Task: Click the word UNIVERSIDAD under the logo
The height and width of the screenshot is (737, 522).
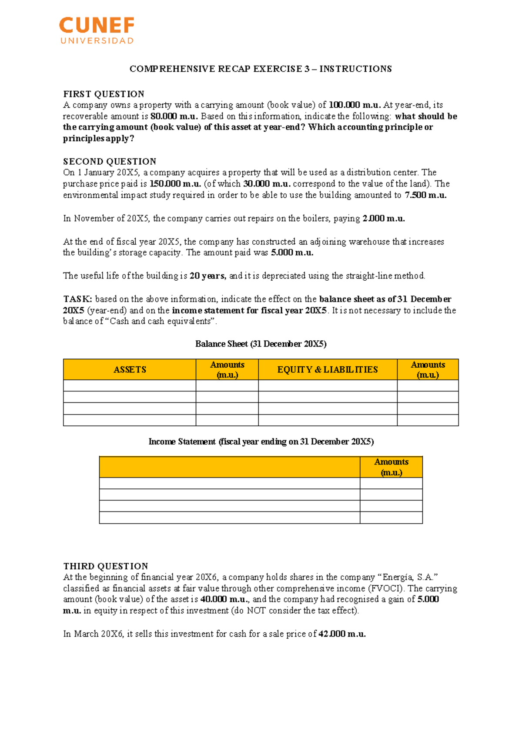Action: [97, 41]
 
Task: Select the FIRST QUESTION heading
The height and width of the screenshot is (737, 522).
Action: [104, 94]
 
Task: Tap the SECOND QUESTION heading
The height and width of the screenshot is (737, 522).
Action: [110, 161]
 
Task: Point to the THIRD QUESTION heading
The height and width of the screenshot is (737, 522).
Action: [106, 566]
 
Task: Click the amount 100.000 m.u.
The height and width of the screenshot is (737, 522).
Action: [355, 105]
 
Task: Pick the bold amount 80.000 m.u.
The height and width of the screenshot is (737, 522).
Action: [174, 116]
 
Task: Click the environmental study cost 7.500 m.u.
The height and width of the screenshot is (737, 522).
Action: [425, 195]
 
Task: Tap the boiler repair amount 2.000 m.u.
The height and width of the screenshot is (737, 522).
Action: [384, 218]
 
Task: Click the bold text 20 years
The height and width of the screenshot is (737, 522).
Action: [208, 276]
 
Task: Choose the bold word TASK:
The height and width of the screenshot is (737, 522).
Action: [77, 299]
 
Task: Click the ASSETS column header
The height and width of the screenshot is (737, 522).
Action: [130, 369]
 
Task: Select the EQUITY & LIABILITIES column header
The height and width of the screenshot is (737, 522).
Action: [328, 369]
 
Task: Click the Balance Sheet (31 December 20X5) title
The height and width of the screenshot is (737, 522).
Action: [261, 344]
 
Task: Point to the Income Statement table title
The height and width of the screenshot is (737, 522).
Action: [261, 442]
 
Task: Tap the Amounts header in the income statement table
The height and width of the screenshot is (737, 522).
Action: [391, 467]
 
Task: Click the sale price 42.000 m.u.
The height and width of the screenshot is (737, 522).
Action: [342, 634]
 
